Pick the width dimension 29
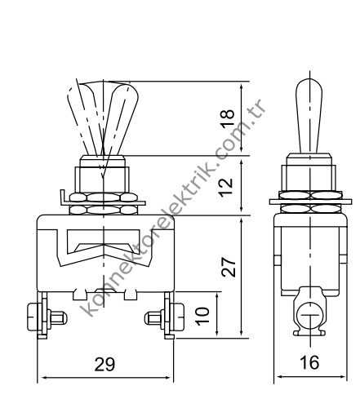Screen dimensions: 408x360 click(104, 365)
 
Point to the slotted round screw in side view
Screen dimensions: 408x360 click(308, 313)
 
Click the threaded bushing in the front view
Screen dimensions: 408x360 click(104, 176)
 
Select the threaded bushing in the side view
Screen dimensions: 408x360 click(308, 176)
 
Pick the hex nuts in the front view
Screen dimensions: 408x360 click(104, 203)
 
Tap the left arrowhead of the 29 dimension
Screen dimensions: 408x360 click(46, 378)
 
